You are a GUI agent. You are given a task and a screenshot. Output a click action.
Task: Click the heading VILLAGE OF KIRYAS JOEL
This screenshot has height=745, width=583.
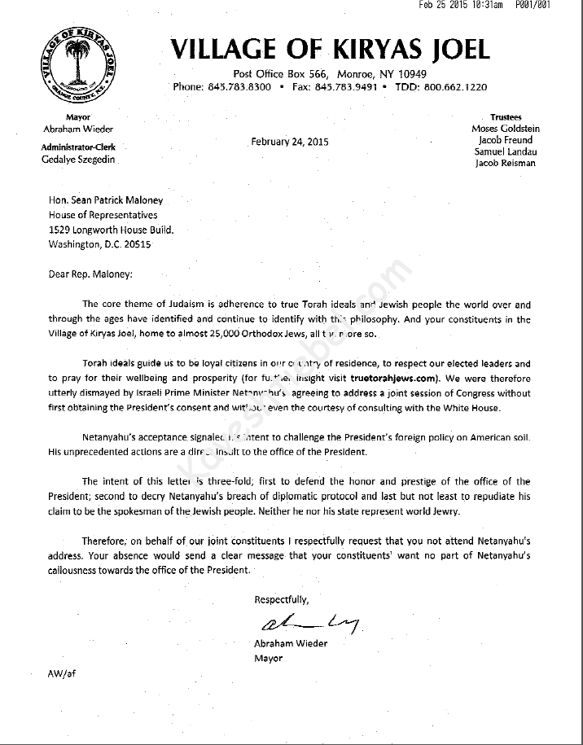click(x=330, y=50)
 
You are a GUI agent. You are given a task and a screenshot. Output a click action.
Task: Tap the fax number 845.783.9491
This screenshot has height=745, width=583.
click(x=346, y=87)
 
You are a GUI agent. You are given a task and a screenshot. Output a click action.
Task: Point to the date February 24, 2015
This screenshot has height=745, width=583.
click(x=290, y=141)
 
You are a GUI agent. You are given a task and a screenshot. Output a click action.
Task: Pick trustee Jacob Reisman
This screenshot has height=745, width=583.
click(x=506, y=164)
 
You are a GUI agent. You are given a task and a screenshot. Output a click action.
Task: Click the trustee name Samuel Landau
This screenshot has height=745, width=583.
click(x=506, y=151)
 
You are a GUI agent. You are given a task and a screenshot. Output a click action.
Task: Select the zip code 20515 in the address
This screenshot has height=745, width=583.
click(x=137, y=243)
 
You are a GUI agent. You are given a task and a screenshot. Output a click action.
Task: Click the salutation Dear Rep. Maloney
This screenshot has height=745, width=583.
click(x=90, y=274)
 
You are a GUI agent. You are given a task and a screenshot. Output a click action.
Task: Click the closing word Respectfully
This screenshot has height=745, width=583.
click(x=282, y=600)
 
